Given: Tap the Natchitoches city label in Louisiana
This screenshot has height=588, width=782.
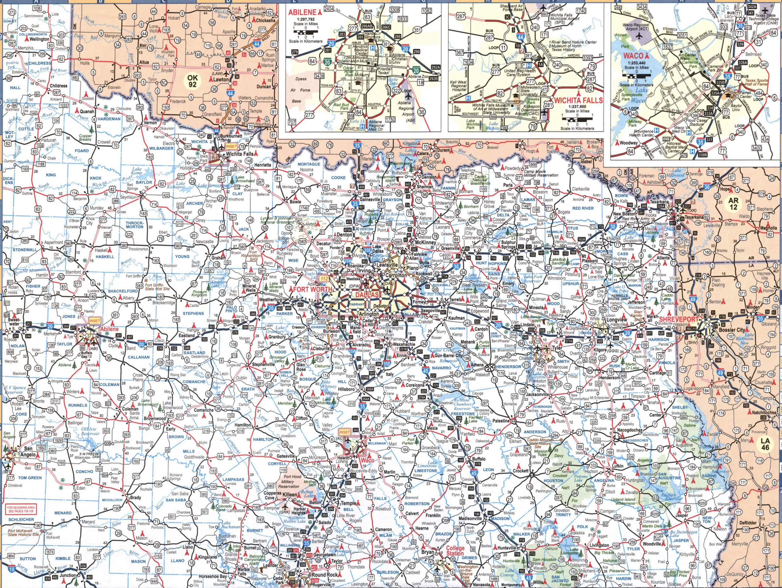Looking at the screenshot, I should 763,413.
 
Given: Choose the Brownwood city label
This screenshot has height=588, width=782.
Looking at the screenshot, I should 155,418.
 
